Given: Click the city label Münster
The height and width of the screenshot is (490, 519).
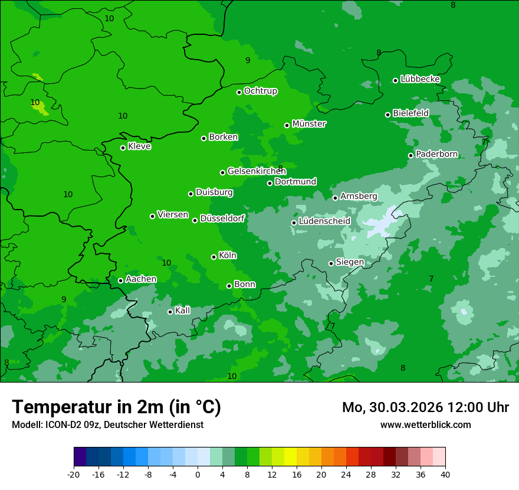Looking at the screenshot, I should coord(308,124).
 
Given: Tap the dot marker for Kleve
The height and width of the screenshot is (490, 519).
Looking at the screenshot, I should coord(123,148).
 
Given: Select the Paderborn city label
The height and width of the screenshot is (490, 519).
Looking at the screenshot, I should coord(436,154).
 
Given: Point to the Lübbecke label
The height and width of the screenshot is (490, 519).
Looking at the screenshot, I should coord(420,79).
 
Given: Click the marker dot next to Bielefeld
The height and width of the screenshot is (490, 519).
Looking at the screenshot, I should coord(387,115).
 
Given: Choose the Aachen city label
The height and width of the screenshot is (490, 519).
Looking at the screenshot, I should coord(141,279).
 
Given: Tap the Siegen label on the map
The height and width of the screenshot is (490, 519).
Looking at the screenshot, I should coord(350,262).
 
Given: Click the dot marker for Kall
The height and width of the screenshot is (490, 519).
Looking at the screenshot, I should coord(170,312).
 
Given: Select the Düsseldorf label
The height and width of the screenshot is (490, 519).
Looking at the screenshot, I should coord(222,218).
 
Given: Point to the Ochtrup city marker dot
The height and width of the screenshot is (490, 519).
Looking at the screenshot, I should coord(239,92).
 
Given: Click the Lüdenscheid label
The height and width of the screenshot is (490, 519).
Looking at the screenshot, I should coord(324,221).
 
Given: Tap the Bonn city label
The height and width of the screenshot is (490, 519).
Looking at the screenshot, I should coord(245,285).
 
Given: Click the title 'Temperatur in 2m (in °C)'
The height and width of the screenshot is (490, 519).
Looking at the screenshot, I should coord(116,407).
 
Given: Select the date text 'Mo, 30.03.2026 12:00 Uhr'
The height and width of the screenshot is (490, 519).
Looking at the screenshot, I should coord(425,407).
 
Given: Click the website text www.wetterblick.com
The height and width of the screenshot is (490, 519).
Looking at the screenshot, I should coord(425,425).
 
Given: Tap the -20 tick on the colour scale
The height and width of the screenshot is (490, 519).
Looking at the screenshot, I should coord(74,474).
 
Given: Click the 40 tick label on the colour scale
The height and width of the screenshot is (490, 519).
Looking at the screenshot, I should coord(445,474).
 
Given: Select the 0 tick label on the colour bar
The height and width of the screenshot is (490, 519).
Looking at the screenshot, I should coord(198,474).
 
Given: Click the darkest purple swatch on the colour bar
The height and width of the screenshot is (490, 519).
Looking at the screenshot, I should coord(80,457).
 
